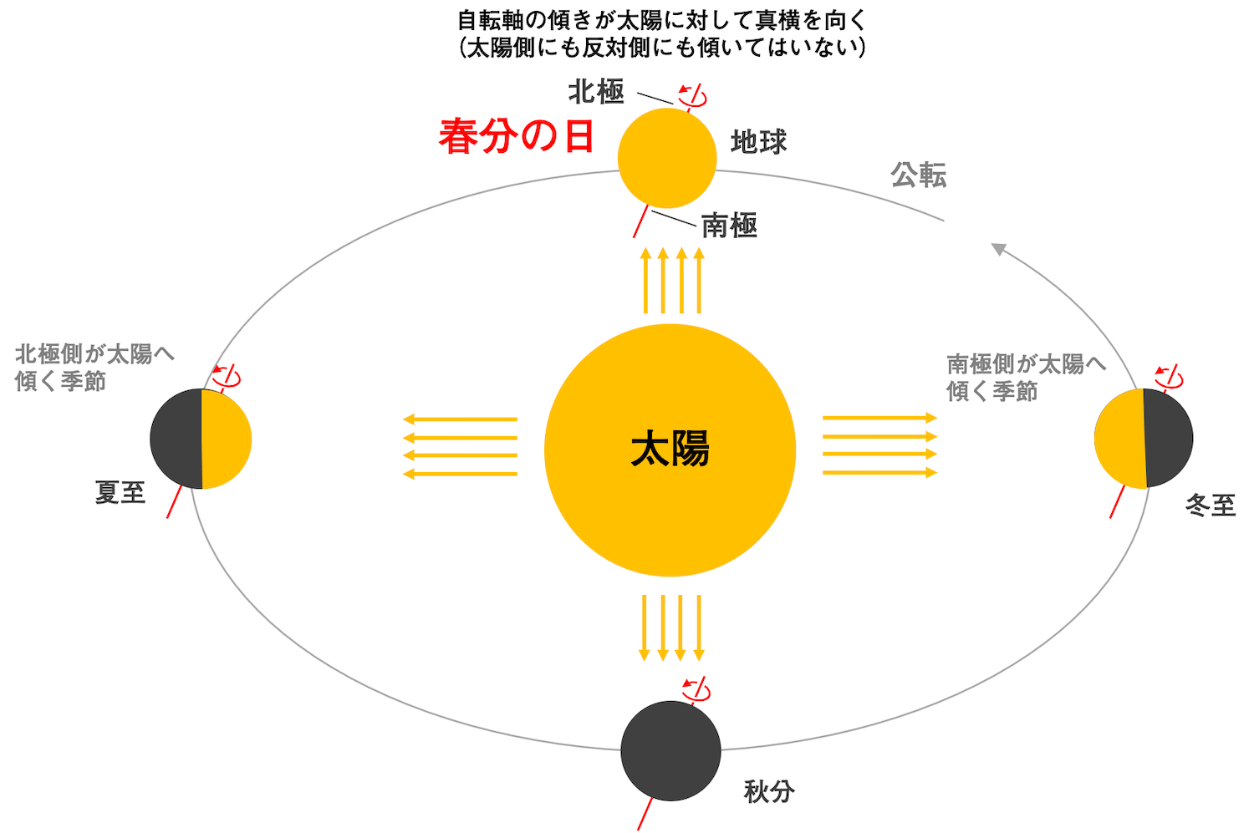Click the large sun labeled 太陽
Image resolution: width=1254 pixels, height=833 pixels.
tap(670, 450)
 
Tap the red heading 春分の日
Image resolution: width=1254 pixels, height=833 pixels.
tap(516, 136)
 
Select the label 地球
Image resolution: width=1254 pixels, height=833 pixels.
tap(758, 142)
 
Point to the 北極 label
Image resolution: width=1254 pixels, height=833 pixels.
tap(596, 91)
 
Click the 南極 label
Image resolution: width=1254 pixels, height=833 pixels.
tap(729, 226)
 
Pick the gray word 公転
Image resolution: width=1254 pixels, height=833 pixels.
tap(918, 175)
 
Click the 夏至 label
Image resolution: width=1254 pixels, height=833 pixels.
tap(120, 492)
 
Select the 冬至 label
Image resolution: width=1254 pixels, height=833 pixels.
tap(1211, 505)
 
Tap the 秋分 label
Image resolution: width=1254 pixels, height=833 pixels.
tap(769, 790)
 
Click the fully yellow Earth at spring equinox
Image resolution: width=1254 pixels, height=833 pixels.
tap(667, 158)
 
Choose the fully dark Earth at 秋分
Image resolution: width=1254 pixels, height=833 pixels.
tap(670, 750)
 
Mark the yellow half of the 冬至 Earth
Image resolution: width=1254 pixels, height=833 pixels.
tap(1119, 439)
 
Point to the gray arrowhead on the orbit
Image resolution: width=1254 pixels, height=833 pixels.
tap(998, 249)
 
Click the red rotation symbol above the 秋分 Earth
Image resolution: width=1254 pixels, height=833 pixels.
tap(696, 689)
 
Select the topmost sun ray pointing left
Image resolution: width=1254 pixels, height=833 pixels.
tap(460, 419)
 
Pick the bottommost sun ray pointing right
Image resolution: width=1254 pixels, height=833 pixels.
tap(879, 473)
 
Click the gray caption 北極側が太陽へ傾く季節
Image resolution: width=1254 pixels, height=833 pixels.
tap(94, 368)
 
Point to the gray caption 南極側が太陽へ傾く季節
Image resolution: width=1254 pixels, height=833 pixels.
tap(1026, 377)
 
